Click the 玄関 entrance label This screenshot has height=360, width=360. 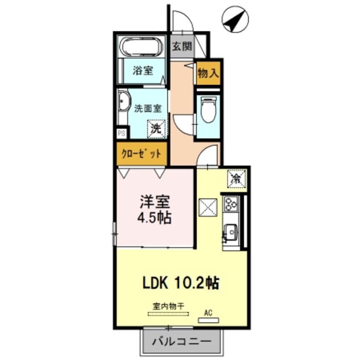point(182,46)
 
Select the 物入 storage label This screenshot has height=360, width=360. point(209,73)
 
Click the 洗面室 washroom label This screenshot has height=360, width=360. point(148,108)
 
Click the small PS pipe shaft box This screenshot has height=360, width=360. point(122,133)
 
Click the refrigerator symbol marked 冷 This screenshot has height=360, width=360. point(236,178)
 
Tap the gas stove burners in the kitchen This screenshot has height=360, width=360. point(232,204)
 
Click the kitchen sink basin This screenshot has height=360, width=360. point(231,232)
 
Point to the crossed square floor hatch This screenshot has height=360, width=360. point(209,208)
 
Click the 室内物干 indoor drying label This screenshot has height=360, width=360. point(168,306)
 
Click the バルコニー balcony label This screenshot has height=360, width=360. point(182,342)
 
